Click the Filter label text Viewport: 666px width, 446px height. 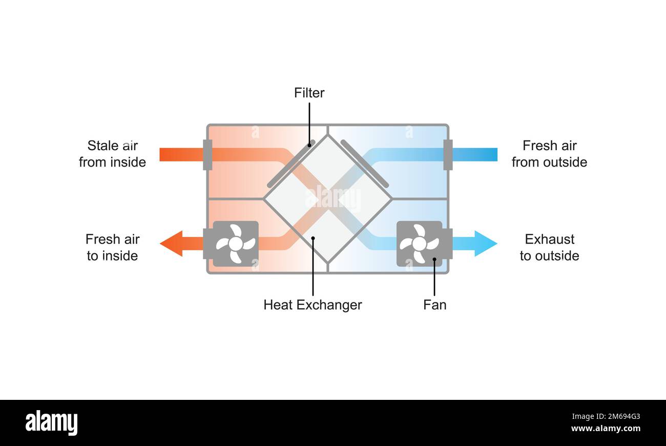pyautogui.click(x=309, y=93)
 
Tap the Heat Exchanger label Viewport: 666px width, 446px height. pyautogui.click(x=313, y=305)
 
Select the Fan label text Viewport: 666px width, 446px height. pyautogui.click(x=434, y=305)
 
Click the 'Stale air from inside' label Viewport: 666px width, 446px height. pyautogui.click(x=112, y=154)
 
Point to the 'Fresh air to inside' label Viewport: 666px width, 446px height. pyautogui.click(x=112, y=248)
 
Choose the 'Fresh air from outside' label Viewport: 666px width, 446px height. pyautogui.click(x=549, y=154)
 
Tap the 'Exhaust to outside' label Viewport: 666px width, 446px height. pyautogui.click(x=549, y=248)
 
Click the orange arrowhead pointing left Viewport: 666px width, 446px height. pyautogui.click(x=172, y=244)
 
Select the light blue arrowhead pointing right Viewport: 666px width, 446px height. pyautogui.click(x=485, y=244)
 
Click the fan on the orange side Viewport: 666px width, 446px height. pyautogui.click(x=236, y=244)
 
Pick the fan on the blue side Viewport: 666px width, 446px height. pyautogui.click(x=420, y=244)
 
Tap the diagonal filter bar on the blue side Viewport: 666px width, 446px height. pyautogui.click(x=364, y=164)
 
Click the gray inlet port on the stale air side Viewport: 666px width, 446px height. pyautogui.click(x=207, y=154)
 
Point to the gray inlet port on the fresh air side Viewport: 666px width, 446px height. pyautogui.click(x=448, y=154)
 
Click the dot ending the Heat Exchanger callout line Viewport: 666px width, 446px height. pyautogui.click(x=313, y=238)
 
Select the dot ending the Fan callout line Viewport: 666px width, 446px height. pyautogui.click(x=434, y=260)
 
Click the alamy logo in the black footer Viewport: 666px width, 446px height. pyautogui.click(x=51, y=423)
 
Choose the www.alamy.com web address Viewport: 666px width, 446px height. pyautogui.click(x=606, y=429)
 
